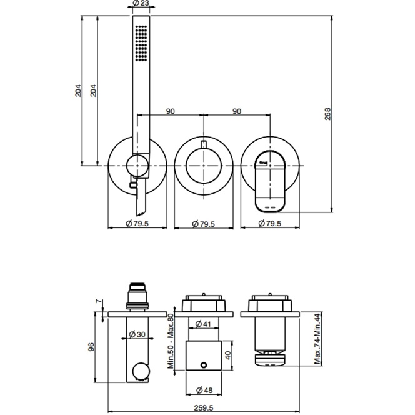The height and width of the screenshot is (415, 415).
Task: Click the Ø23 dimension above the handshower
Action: pyautogui.click(x=141, y=4)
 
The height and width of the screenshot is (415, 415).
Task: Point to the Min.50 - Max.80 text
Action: pyautogui.click(x=170, y=341)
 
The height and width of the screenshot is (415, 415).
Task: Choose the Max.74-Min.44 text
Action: pyautogui.click(x=317, y=339)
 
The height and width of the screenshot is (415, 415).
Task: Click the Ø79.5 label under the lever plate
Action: pyautogui.click(x=270, y=223)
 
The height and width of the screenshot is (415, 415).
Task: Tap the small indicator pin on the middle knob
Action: pyautogui.click(x=203, y=146)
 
